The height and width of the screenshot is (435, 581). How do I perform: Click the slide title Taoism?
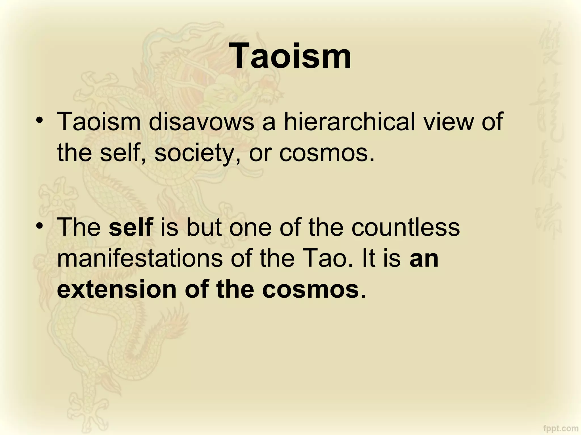point(292,55)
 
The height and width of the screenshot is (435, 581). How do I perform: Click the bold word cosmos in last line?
point(310,289)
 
